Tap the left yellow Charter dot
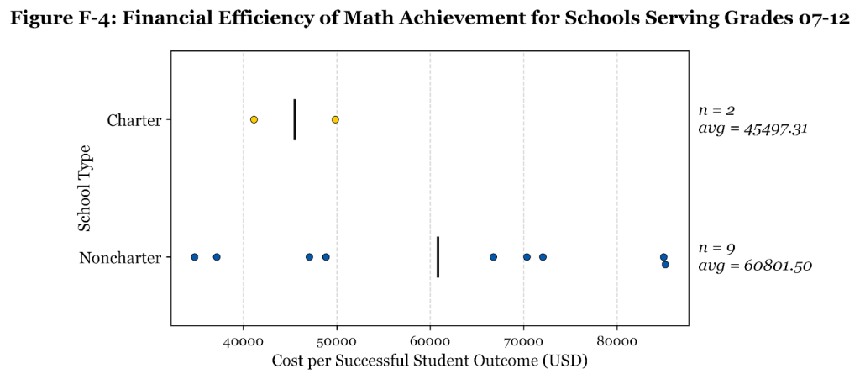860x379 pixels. pyautogui.click(x=254, y=119)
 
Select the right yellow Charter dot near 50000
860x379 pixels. pyautogui.click(x=335, y=119)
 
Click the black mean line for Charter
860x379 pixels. pyautogui.click(x=295, y=119)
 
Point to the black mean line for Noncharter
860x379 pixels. pyautogui.click(x=438, y=256)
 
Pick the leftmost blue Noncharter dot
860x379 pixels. pyautogui.click(x=194, y=256)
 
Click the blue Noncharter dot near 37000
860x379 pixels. pyautogui.click(x=217, y=256)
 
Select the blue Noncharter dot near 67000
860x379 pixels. pyautogui.click(x=493, y=256)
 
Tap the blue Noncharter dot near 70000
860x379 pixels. pyautogui.click(x=527, y=256)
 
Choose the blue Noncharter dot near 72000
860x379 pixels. pyautogui.click(x=543, y=256)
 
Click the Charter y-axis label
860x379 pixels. pyautogui.click(x=134, y=120)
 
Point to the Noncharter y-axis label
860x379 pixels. pyautogui.click(x=120, y=257)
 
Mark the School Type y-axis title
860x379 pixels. pyautogui.click(x=85, y=188)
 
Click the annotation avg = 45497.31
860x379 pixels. pyautogui.click(x=752, y=129)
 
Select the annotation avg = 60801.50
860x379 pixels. pyautogui.click(x=755, y=266)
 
